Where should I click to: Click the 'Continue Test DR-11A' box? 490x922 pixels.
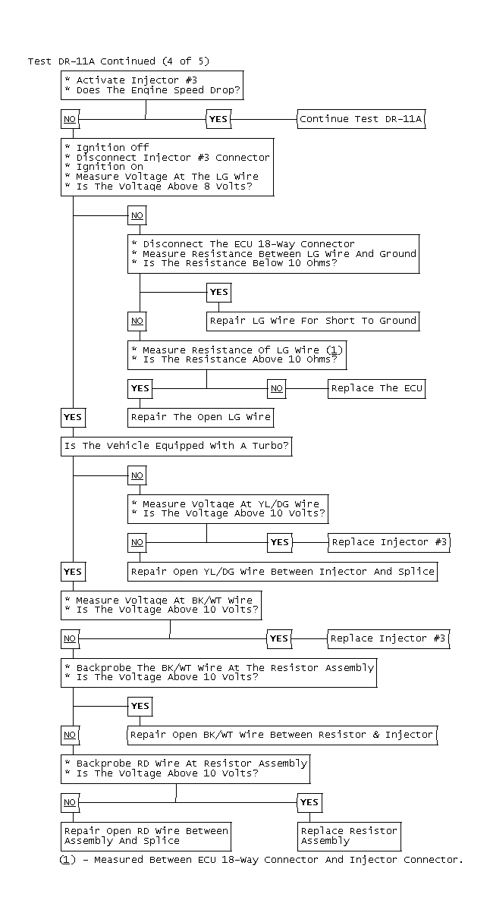point(360,119)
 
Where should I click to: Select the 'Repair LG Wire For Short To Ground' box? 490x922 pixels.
point(313,321)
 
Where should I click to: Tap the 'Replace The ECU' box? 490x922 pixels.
point(376,388)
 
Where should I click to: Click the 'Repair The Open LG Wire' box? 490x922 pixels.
point(201,417)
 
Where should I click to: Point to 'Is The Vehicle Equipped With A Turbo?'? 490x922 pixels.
point(177,446)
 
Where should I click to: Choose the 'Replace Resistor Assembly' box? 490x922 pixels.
point(349,836)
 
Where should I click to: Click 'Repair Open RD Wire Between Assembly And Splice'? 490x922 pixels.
point(146,836)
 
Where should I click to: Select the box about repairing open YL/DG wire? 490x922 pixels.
point(283,571)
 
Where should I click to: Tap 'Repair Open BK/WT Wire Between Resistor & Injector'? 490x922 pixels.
point(281,734)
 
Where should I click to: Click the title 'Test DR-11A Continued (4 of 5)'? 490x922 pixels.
point(118,61)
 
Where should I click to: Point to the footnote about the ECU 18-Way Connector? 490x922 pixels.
point(261,860)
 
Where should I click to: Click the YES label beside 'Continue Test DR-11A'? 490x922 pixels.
point(218,119)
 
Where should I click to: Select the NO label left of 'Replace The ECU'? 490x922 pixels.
point(277,388)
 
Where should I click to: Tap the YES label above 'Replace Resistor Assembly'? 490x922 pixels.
point(309,802)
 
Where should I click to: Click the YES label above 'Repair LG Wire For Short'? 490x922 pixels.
point(218,292)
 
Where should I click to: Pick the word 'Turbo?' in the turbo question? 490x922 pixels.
point(271,446)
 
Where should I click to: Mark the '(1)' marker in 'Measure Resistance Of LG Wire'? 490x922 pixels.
point(334,350)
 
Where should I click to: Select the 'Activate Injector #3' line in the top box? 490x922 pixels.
point(121,80)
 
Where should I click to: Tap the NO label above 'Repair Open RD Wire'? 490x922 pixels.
point(70,802)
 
